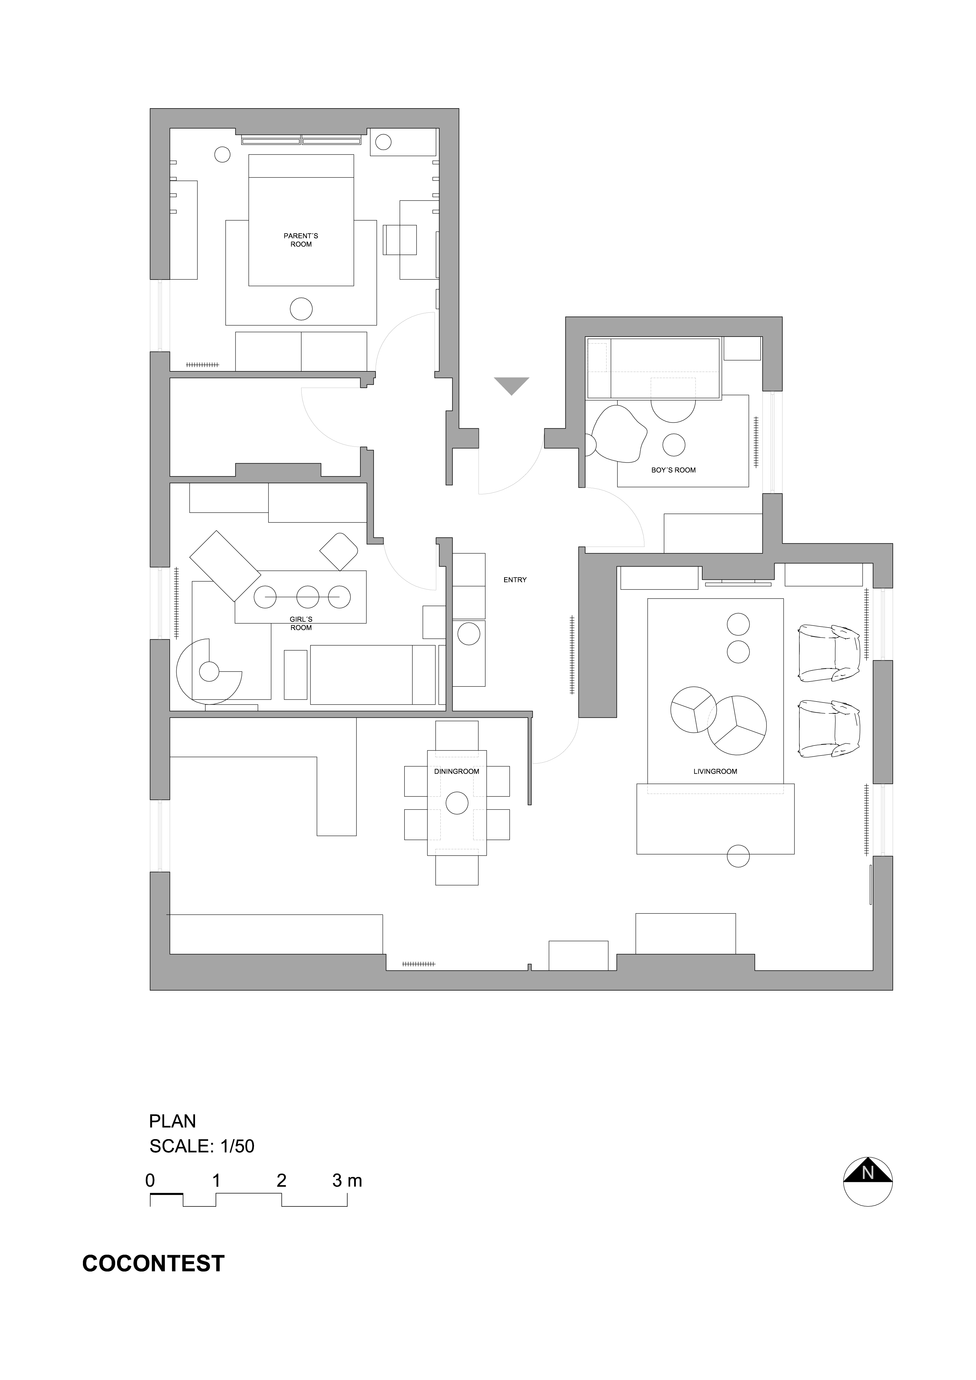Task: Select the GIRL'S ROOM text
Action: pyautogui.click(x=301, y=623)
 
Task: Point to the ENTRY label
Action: pyautogui.click(x=515, y=580)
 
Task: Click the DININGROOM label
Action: pyautogui.click(x=457, y=771)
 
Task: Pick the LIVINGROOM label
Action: pyautogui.click(x=715, y=771)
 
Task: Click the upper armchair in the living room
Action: pyautogui.click(x=829, y=653)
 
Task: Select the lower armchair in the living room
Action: pyautogui.click(x=829, y=729)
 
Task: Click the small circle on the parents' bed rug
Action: pyautogui.click(x=301, y=309)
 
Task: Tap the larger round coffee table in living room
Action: pyautogui.click(x=737, y=725)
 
